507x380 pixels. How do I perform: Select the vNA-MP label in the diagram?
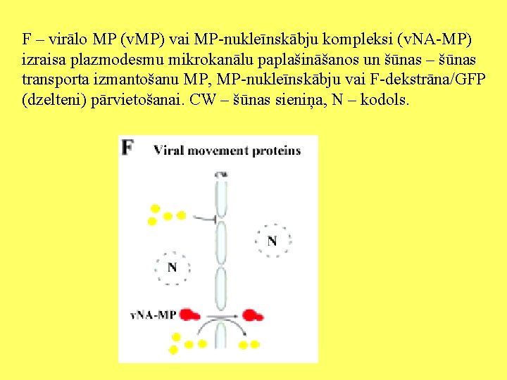click(x=154, y=315)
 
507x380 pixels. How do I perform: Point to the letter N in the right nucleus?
click(x=272, y=241)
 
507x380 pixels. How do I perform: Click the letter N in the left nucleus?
click(x=172, y=268)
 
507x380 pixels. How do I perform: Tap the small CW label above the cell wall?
click(x=221, y=173)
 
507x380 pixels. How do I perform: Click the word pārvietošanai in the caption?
click(x=137, y=100)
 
